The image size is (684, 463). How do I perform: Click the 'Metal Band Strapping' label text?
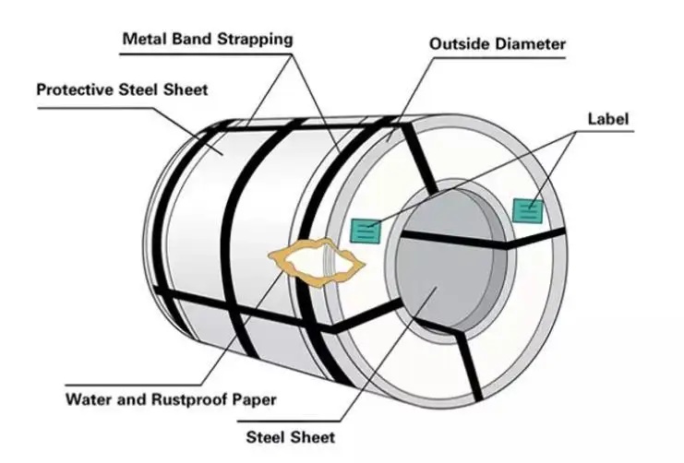coord(208,40)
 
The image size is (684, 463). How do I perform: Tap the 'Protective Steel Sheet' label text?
coord(122,90)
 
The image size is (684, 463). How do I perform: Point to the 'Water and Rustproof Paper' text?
coord(171,400)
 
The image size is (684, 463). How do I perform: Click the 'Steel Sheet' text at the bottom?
coord(290,437)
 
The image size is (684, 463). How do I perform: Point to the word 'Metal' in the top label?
coord(143,40)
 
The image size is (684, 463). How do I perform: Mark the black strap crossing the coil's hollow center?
coord(452,239)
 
